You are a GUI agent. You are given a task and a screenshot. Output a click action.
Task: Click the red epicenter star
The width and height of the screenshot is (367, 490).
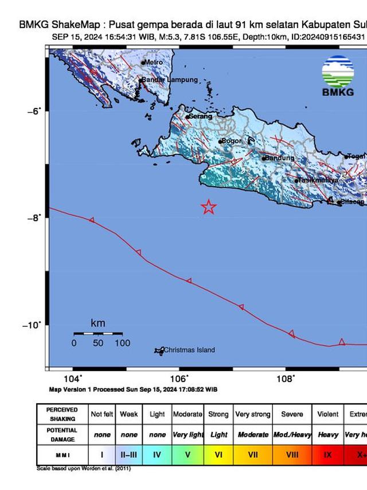click(x=209, y=207)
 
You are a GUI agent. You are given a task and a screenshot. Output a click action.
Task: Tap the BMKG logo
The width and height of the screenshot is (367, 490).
click(x=337, y=78)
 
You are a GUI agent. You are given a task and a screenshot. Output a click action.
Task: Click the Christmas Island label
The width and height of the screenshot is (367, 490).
click(x=189, y=350)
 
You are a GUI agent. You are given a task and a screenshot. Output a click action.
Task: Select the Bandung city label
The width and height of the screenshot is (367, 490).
click(x=280, y=158)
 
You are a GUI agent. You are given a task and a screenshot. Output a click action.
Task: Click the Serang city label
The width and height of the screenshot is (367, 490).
click(x=200, y=116)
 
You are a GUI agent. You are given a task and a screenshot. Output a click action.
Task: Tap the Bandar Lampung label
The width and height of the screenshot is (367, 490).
click(x=170, y=80)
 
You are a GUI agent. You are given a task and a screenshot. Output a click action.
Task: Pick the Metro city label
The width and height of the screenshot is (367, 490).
click(x=154, y=62)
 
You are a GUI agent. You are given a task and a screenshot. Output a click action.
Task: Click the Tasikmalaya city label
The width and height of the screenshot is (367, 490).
click(x=317, y=180)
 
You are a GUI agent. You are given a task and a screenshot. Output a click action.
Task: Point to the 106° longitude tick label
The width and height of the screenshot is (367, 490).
click(x=179, y=378)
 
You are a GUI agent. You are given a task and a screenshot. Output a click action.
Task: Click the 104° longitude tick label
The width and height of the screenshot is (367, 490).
click(x=73, y=378)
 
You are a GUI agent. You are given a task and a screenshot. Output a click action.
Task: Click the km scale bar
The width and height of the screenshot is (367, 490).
click(x=97, y=333)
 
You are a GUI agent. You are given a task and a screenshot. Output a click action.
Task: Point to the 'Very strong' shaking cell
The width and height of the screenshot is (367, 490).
click(x=253, y=414)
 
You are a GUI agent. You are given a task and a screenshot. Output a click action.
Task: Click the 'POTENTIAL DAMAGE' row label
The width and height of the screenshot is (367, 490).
click(x=63, y=434)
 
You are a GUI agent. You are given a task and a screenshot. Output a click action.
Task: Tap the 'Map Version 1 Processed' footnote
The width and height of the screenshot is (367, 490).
click(x=133, y=389)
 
